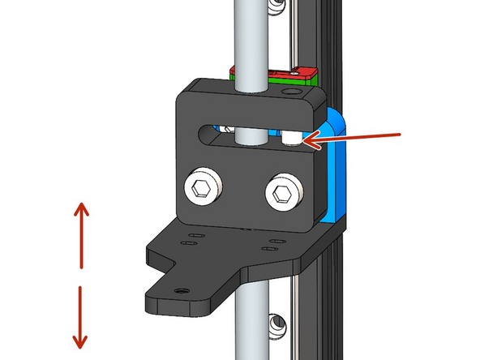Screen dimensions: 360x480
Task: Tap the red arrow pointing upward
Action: pyautogui.click(x=82, y=235)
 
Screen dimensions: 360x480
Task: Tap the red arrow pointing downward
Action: pyautogui.click(x=80, y=316)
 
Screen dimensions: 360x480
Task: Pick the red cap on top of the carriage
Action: pyautogui.click(x=276, y=71)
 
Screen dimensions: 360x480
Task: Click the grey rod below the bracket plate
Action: pyautogui.click(x=244, y=332)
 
